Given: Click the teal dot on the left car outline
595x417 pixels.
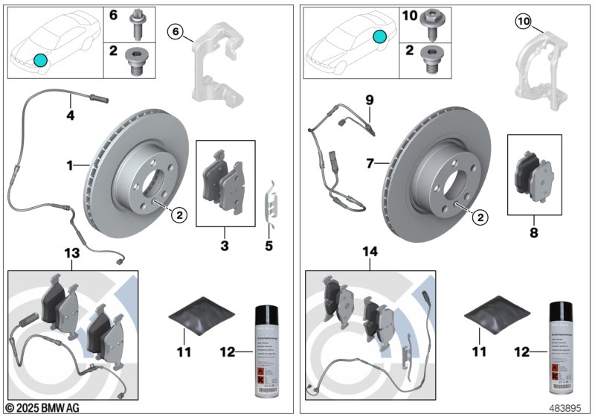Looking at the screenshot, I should [x=40, y=60].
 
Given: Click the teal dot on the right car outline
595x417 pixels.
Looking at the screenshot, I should [x=380, y=37].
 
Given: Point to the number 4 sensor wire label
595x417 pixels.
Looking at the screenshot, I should [x=70, y=115].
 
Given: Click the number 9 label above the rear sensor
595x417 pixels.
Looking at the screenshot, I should [x=368, y=98].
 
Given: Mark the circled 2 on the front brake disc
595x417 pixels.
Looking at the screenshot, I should [x=178, y=215].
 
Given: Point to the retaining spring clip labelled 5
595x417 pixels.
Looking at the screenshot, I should [x=274, y=202].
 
